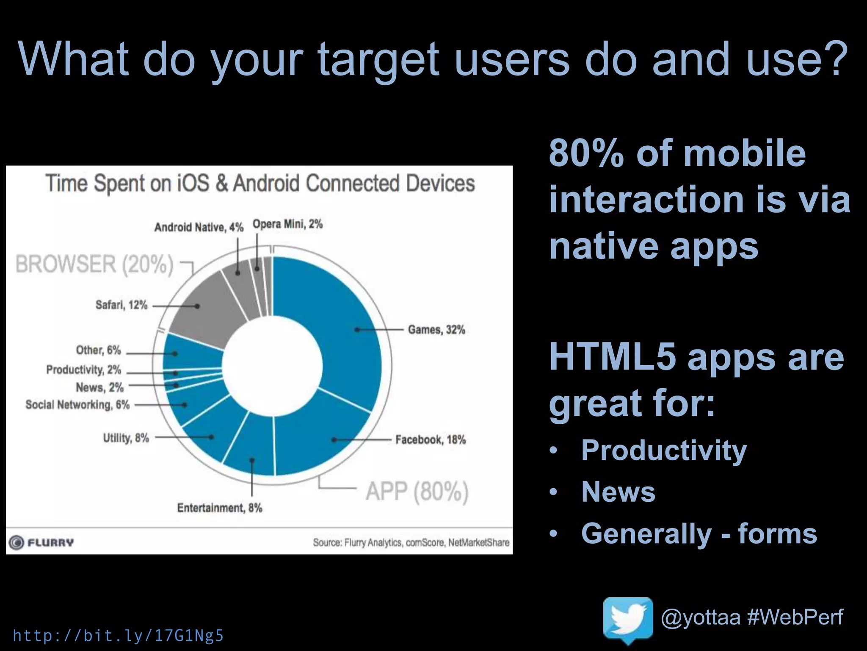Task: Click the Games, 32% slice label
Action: coord(436,330)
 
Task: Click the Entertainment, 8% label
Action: coord(219,508)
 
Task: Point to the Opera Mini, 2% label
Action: coord(287,224)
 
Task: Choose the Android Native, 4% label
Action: coord(199,228)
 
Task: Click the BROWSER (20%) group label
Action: coord(94,264)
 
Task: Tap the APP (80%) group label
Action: coord(417,492)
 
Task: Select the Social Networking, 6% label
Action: coord(77,405)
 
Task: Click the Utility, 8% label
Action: coord(126,438)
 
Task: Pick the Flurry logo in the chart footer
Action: coord(41,542)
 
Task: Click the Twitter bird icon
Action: coord(628,619)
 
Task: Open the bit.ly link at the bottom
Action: coord(118,636)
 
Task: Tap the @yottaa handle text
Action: coord(700,617)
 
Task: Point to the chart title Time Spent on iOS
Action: coord(260,184)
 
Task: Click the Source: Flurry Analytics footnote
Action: coord(411,542)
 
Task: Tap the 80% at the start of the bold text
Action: coord(586,153)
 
